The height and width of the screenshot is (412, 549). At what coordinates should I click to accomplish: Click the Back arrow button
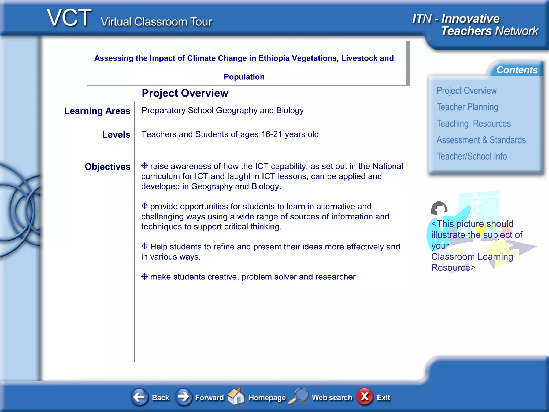pyautogui.click(x=140, y=397)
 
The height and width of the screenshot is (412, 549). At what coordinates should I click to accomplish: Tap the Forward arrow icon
pyautogui.click(x=184, y=397)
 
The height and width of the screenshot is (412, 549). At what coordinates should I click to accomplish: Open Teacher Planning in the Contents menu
pyautogui.click(x=467, y=107)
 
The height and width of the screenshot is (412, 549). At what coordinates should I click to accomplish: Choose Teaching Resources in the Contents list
pyautogui.click(x=474, y=124)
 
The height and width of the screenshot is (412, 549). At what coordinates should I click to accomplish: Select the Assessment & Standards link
pyautogui.click(x=481, y=140)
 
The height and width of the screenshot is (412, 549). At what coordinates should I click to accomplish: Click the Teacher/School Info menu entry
pyautogui.click(x=472, y=156)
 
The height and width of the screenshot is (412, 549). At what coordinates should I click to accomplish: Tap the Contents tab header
pyautogui.click(x=517, y=70)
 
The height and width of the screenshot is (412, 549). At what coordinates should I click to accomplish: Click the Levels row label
pyautogui.click(x=116, y=135)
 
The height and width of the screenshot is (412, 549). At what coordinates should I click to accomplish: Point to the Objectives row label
pyautogui.click(x=107, y=167)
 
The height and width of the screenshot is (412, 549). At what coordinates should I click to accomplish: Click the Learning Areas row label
pyautogui.click(x=97, y=111)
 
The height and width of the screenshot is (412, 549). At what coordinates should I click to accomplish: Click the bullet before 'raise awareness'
pyautogui.click(x=144, y=166)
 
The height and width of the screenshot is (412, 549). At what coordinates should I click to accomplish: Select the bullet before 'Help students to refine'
pyautogui.click(x=144, y=246)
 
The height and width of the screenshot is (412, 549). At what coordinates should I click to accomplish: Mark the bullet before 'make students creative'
pyautogui.click(x=144, y=276)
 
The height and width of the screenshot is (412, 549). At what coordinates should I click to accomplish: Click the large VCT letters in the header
pyautogui.click(x=69, y=18)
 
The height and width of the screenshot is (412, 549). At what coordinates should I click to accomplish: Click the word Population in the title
pyautogui.click(x=244, y=77)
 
